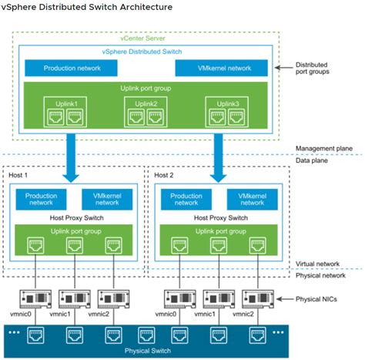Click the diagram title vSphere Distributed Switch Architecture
point(86,8)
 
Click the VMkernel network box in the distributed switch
point(224,69)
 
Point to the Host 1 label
point(18,175)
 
